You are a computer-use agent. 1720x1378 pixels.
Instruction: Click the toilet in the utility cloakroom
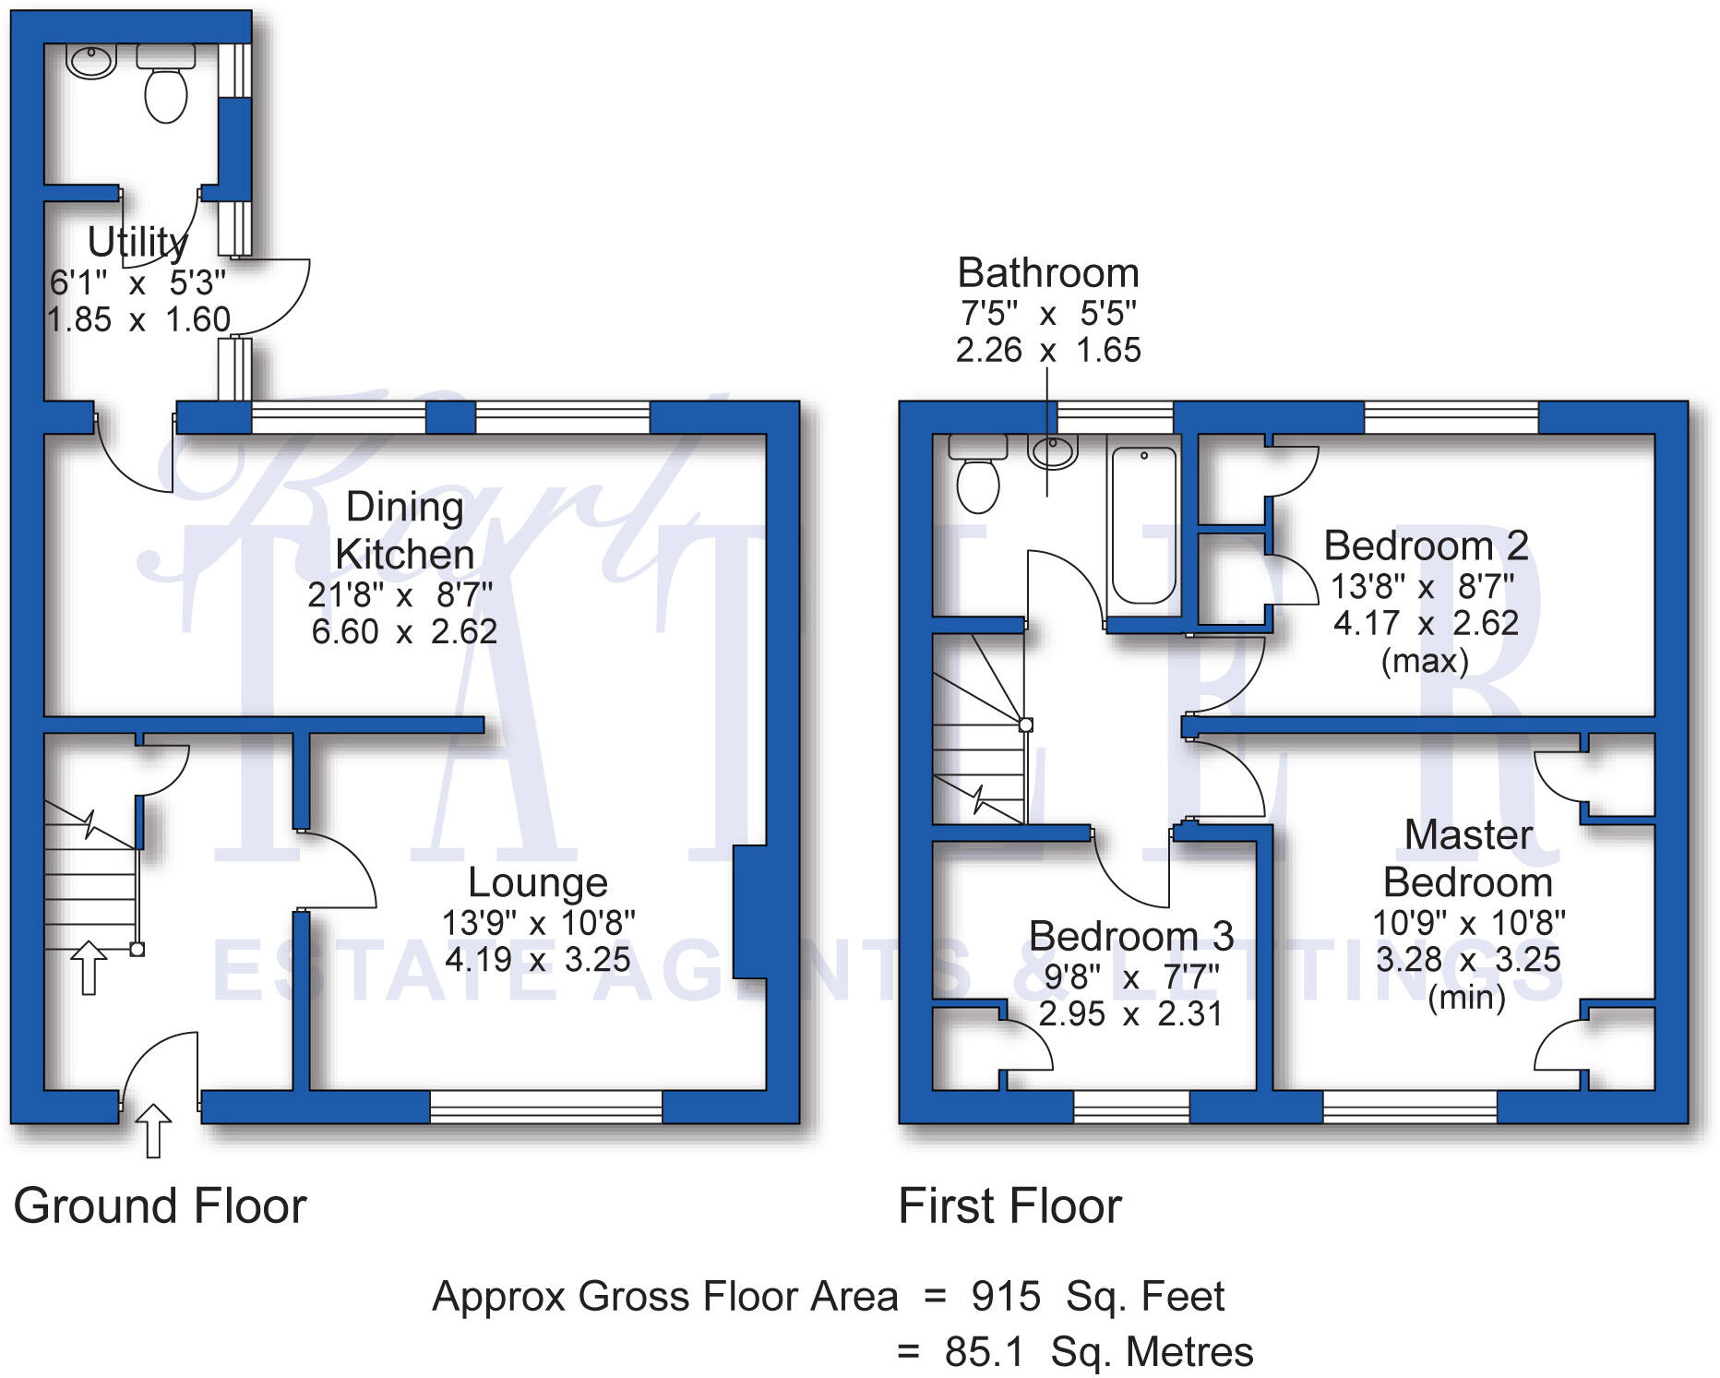(166, 88)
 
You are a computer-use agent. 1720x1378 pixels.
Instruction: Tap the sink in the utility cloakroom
(90, 62)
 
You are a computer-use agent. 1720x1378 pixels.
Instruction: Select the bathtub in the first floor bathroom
(1144, 524)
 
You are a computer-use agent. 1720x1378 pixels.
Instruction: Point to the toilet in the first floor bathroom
(978, 475)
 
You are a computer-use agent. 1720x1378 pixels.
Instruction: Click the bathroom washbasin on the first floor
(1053, 451)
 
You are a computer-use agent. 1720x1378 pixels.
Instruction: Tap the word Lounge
(538, 882)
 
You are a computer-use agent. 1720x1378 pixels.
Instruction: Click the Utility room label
(137, 242)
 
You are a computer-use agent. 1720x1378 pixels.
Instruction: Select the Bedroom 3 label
(1131, 936)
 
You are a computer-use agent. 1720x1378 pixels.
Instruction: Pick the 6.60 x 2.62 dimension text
(404, 631)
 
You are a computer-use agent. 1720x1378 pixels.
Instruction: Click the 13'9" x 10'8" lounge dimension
(538, 922)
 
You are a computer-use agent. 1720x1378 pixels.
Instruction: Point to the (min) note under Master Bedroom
(1467, 997)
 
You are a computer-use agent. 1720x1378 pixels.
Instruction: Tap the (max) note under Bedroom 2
(1425, 661)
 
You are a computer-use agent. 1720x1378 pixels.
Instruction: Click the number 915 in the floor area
(1006, 1297)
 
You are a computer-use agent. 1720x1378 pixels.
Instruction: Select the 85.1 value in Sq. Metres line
(985, 1352)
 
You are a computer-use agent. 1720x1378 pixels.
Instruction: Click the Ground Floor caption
(160, 1206)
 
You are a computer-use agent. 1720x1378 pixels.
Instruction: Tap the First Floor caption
(1009, 1206)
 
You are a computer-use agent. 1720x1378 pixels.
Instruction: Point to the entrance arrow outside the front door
(153, 1131)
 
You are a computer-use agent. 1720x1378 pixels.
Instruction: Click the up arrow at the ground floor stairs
(89, 967)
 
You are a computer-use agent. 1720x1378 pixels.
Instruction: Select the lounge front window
(546, 1107)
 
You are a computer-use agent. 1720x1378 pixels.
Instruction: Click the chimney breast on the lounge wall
(749, 911)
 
